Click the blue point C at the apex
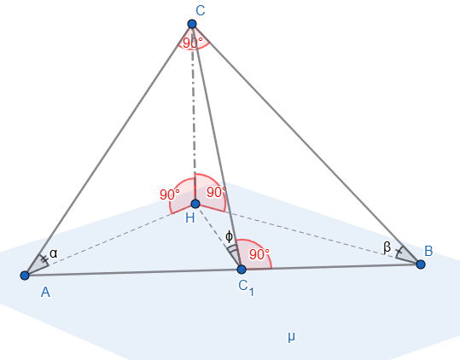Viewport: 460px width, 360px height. tap(192, 24)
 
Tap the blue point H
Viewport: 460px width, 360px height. tap(195, 204)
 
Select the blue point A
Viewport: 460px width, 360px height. tap(25, 276)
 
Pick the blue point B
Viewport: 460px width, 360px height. tap(421, 264)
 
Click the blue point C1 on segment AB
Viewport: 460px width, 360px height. tap(242, 270)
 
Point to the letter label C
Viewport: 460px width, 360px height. tap(201, 11)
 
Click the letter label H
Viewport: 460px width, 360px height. tap(190, 218)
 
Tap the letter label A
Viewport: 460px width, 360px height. tap(45, 293)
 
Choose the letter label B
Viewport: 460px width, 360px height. tap(428, 252)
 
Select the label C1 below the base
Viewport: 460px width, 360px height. tap(246, 287)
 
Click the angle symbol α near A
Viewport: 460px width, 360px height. tap(54, 253)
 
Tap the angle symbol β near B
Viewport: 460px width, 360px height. tap(387, 247)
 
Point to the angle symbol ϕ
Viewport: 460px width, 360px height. tap(229, 236)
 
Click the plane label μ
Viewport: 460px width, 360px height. tap(291, 337)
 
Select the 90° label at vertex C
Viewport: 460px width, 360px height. tap(193, 44)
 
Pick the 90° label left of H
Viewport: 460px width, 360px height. tap(170, 195)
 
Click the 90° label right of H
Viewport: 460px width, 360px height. tap(217, 192)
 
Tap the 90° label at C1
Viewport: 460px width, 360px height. tap(259, 254)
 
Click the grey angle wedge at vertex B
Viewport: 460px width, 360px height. tap(406, 255)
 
